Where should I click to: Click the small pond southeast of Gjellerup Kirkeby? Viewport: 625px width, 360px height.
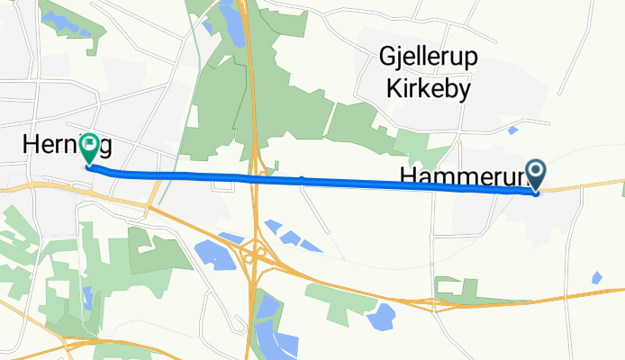click(512, 130)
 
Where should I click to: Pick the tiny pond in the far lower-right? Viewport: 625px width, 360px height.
click(597, 278)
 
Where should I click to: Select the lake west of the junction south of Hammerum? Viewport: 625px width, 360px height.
click(382, 316)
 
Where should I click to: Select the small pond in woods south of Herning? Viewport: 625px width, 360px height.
click(87, 297)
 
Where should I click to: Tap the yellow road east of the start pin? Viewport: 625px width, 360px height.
click(585, 185)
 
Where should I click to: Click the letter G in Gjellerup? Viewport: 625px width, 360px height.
click(388, 59)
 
